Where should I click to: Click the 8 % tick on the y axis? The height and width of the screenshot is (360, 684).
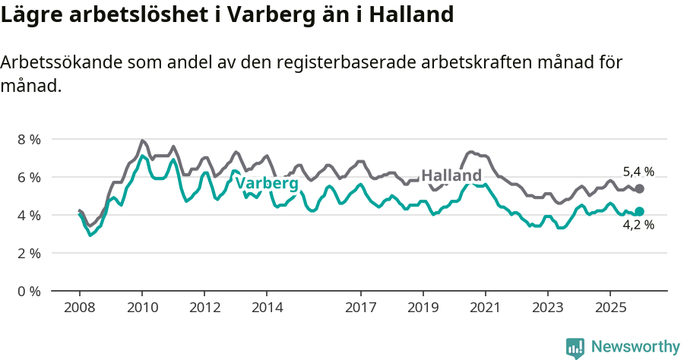[29, 140]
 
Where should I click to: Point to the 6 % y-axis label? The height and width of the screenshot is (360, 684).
[29, 178]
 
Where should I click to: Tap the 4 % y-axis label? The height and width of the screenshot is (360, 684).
[29, 216]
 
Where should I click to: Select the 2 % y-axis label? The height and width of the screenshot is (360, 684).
[29, 254]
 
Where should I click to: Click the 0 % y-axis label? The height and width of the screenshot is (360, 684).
[29, 292]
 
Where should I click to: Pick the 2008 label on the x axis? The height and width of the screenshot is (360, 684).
[80, 308]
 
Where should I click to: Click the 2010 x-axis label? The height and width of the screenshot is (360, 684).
[142, 308]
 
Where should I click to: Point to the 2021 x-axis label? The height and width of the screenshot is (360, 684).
[485, 308]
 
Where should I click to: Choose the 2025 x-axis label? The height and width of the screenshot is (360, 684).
[610, 308]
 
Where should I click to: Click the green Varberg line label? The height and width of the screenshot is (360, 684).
[266, 184]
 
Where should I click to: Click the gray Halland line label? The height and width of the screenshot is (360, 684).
[451, 175]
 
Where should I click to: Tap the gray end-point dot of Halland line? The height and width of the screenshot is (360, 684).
[639, 188]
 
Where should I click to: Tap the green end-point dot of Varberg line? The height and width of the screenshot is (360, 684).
[639, 211]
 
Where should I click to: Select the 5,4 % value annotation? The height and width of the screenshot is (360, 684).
[638, 172]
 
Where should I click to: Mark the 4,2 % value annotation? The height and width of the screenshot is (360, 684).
[638, 225]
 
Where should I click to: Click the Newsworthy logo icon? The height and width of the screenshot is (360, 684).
[575, 348]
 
